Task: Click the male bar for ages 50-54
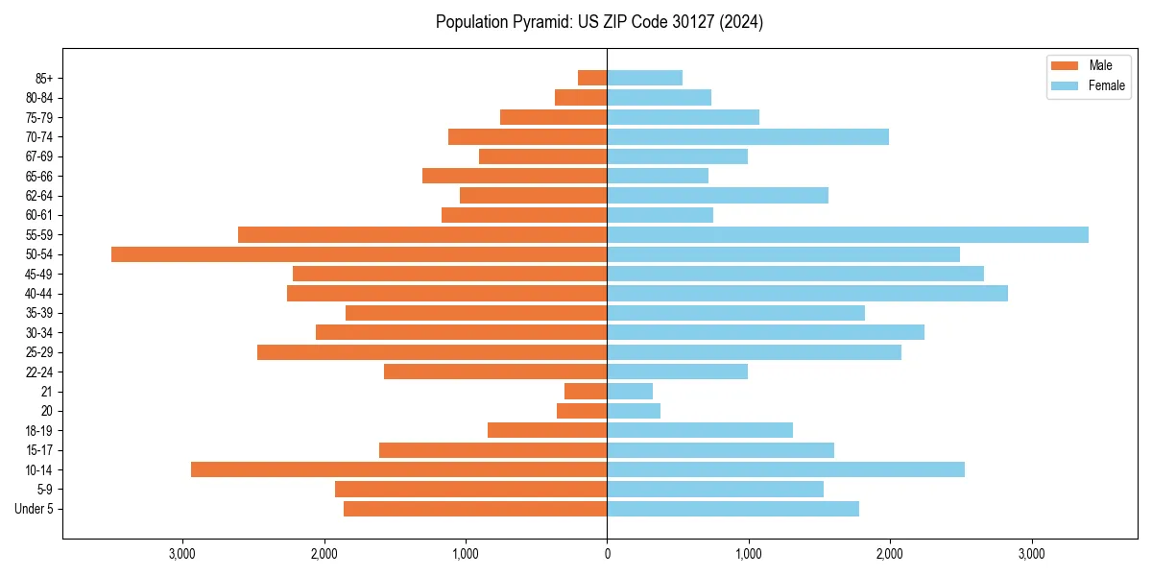click(x=359, y=254)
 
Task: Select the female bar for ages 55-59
click(x=848, y=235)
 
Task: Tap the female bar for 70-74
click(x=748, y=137)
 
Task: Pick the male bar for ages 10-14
click(x=398, y=469)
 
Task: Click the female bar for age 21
click(x=630, y=392)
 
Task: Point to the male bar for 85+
click(x=592, y=78)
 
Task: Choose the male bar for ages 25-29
click(x=432, y=352)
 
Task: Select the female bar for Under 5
click(x=732, y=509)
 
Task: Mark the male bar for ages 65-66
click(x=515, y=176)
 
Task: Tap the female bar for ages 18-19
click(x=700, y=430)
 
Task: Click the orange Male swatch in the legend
click(x=1065, y=65)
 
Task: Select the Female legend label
click(x=1107, y=85)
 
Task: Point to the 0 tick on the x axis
click(x=607, y=554)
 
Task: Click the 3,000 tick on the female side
click(x=1031, y=554)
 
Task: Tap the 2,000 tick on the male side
click(x=324, y=554)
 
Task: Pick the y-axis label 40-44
click(x=38, y=294)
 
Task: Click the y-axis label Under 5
click(x=34, y=509)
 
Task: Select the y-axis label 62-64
click(x=38, y=196)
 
